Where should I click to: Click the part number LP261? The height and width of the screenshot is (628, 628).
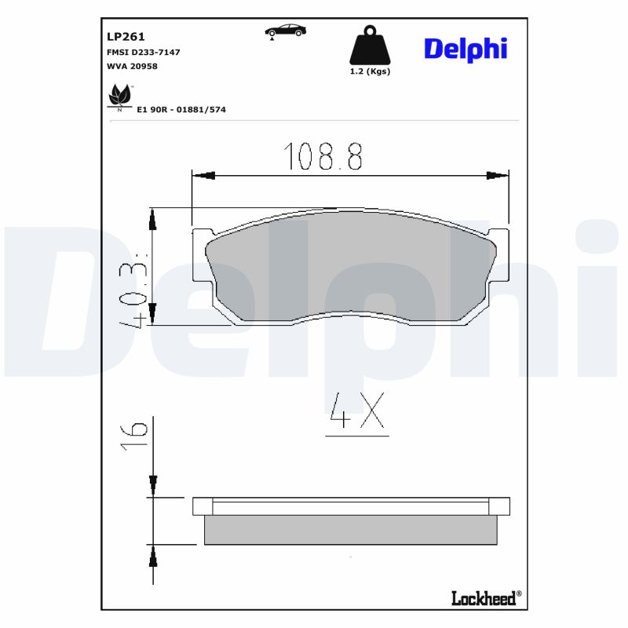coord(126,36)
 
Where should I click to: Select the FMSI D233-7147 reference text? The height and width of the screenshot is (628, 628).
coord(143,52)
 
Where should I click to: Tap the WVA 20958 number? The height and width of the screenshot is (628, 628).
coord(132,67)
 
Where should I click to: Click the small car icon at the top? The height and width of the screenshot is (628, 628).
coord(285,31)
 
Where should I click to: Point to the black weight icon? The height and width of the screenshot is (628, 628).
coord(369,48)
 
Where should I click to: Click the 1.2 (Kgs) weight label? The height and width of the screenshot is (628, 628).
coord(370,71)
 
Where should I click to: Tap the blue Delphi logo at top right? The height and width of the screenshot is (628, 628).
coord(466,49)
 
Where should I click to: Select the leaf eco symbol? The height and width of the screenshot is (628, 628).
coord(119,98)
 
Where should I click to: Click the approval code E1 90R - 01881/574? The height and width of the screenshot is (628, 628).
coord(181,110)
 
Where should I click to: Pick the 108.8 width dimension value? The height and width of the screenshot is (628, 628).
coord(323,157)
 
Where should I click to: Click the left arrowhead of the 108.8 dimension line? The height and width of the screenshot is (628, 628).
coord(203,176)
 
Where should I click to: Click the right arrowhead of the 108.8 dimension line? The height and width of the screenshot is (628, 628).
coord(498,176)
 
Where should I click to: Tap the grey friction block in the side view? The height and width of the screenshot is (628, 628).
coord(351,530)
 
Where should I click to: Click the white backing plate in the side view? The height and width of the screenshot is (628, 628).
coord(351,507)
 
